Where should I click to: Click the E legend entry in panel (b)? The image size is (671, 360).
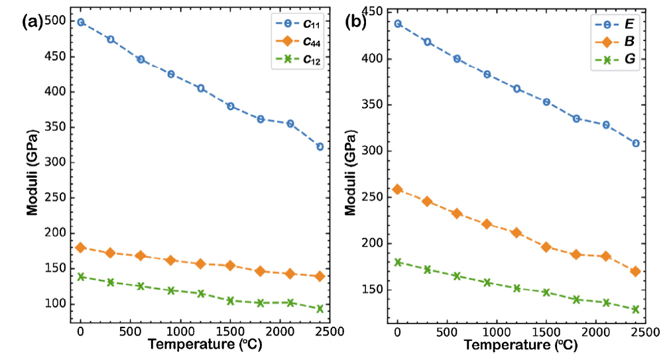615,25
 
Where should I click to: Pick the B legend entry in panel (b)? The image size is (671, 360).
615,42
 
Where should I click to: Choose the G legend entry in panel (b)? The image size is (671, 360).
615,59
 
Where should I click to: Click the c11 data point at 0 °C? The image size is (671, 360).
81,22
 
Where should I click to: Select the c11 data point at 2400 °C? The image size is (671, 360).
320,147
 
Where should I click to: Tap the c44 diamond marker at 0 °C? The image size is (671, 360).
81,247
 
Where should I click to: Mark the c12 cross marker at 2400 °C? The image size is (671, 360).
320,308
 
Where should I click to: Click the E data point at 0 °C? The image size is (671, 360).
398,23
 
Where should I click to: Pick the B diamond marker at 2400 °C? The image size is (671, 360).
635,271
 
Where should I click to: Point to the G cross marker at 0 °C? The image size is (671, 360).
398,262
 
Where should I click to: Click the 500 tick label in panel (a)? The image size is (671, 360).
57,21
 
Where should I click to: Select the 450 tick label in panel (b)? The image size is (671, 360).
375,12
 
